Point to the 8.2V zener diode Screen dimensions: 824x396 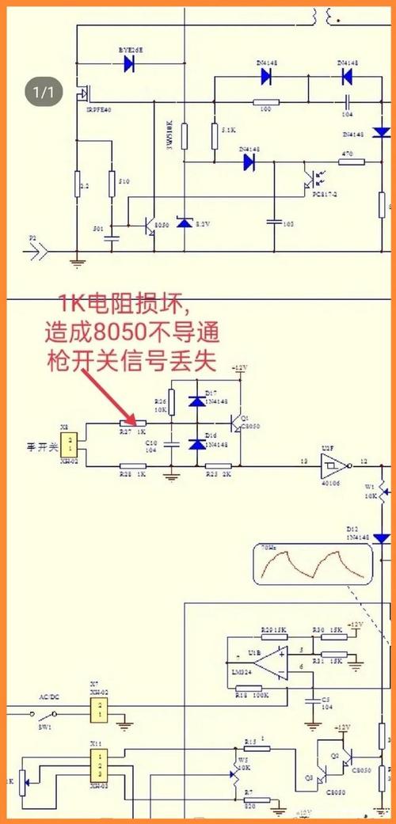tap(185, 224)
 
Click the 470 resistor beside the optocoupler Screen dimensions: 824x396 tap(346, 163)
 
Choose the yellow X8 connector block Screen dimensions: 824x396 tap(72, 444)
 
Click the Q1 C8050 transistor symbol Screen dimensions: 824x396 tap(234, 423)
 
